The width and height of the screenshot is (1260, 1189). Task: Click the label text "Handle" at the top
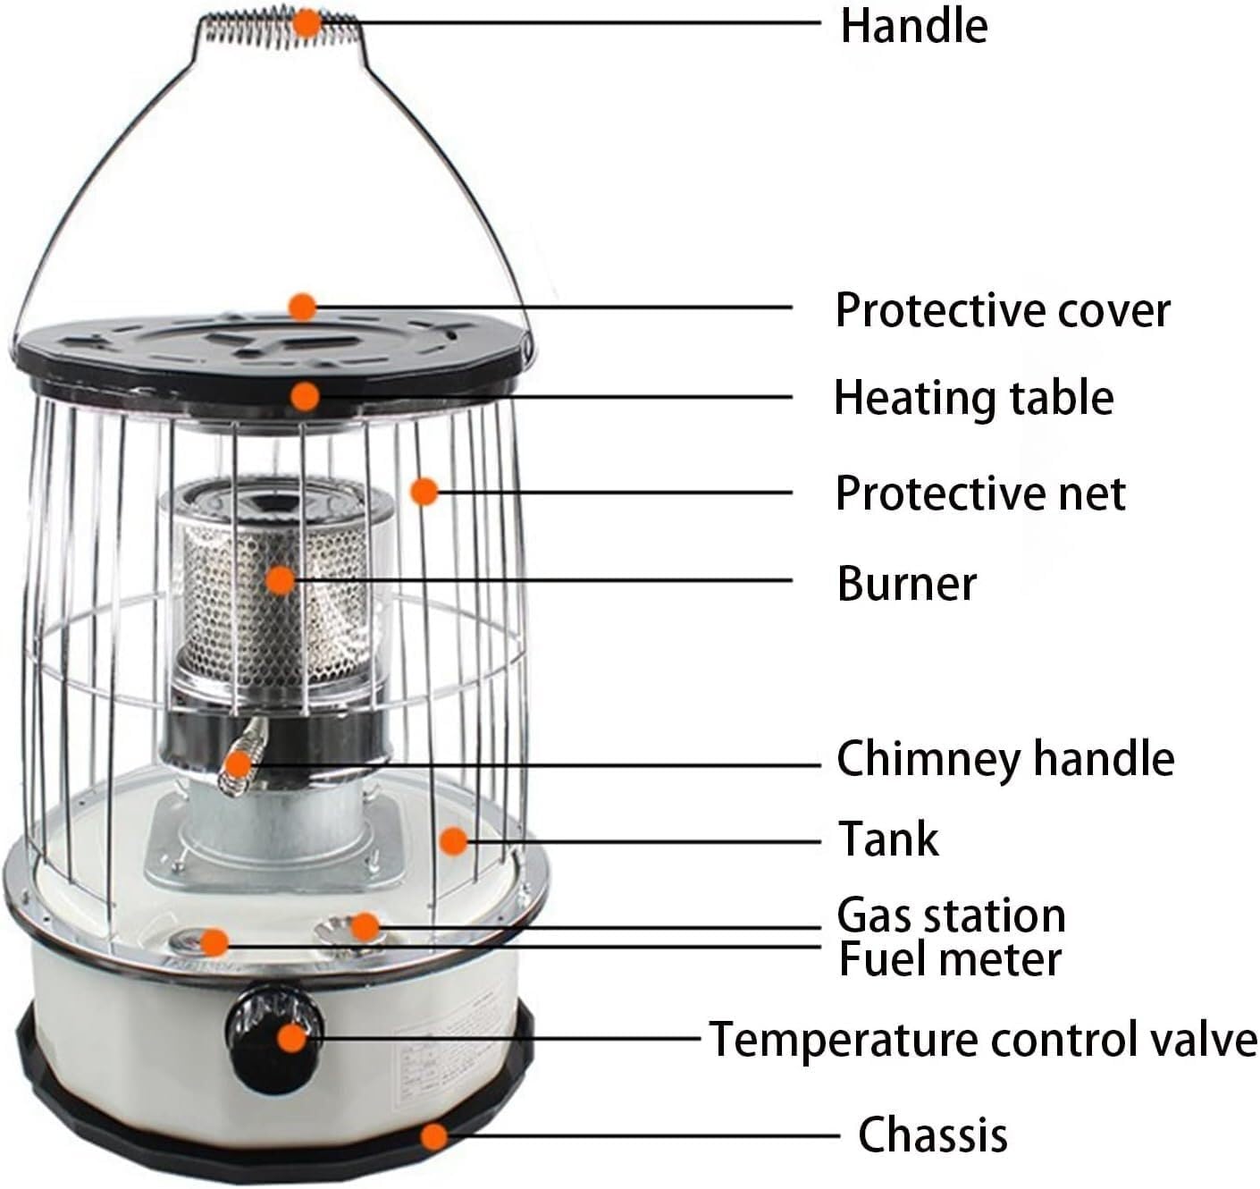point(913,26)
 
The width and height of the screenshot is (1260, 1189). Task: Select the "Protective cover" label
point(1002,310)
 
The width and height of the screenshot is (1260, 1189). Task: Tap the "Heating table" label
point(973,397)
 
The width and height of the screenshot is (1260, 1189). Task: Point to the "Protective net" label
point(980,493)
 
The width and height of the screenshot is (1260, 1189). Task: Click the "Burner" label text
point(906,583)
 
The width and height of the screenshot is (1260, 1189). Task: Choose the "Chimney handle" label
point(1005,758)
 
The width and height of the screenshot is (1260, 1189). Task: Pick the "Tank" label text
point(888,839)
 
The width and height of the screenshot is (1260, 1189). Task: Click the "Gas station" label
point(951,915)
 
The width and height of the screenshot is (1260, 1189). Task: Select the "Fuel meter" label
point(950,958)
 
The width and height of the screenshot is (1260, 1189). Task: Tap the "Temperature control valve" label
point(983,1040)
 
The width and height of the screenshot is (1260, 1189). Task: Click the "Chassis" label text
point(932,1135)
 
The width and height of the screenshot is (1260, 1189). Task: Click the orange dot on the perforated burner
point(281,580)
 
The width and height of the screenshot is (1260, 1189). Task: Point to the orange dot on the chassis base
point(434,1136)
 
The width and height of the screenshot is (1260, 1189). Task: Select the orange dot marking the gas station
point(364,926)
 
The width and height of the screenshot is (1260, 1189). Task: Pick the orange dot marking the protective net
point(424,491)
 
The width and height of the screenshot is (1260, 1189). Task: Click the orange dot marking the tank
point(454,840)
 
